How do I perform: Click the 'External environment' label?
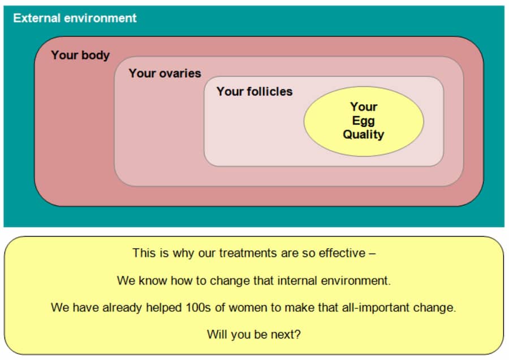tap(75, 18)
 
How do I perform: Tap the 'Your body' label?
tap(80, 55)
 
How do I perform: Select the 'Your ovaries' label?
tap(165, 73)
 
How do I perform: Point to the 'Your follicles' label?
tap(255, 91)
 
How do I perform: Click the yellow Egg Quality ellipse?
tap(364, 121)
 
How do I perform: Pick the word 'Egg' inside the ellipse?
tap(364, 121)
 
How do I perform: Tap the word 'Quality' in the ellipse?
tap(364, 135)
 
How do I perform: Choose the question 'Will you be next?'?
tap(254, 335)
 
